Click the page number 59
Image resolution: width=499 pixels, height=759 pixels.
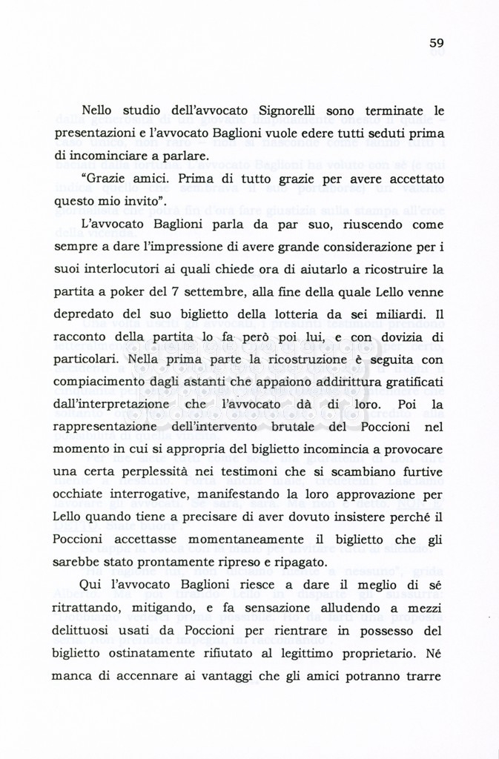point(436,43)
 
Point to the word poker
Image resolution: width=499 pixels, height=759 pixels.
point(117,293)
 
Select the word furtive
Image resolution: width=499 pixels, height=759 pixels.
point(422,473)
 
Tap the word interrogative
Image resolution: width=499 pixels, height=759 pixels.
point(139,495)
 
